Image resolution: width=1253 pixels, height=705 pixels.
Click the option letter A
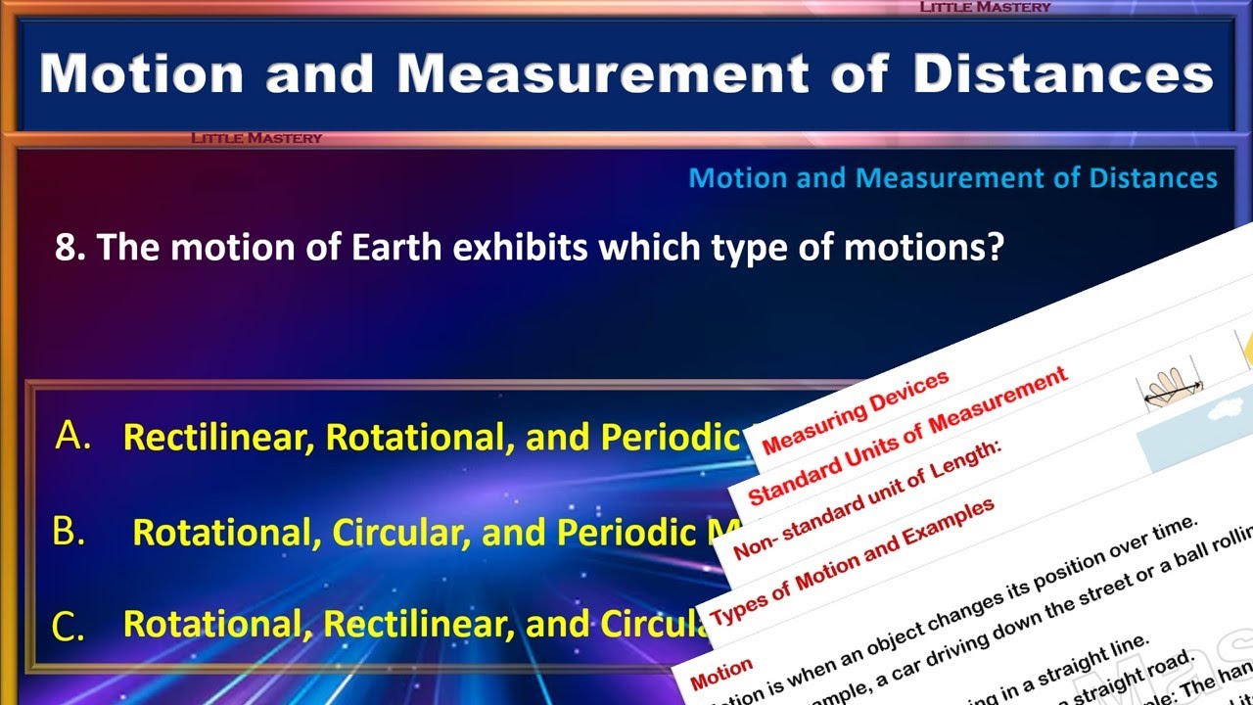73,436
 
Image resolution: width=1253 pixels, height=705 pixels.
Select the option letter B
69,532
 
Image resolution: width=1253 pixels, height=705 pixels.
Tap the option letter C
69,627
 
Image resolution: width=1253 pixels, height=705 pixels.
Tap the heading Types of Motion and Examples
852,562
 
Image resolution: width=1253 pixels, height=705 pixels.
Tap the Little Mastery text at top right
985,7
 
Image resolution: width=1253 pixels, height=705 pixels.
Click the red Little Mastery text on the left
256,138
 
